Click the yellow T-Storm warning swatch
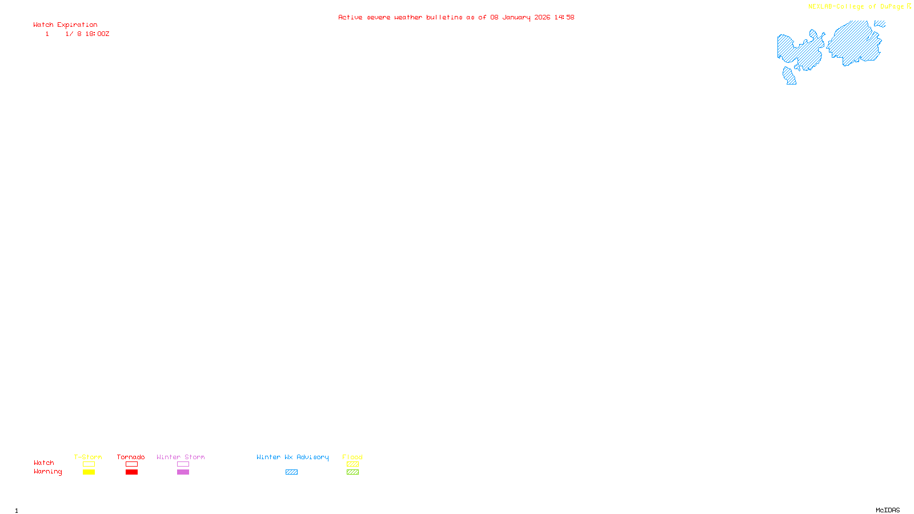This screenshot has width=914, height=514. [x=89, y=472]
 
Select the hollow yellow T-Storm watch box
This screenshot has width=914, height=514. [x=89, y=464]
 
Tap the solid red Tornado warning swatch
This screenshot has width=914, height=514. [x=131, y=472]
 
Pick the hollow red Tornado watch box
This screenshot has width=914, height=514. [x=131, y=464]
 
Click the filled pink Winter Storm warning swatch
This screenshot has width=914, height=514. [x=183, y=472]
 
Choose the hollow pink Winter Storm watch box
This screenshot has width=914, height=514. [x=183, y=464]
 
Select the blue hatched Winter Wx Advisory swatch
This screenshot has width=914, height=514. [x=291, y=472]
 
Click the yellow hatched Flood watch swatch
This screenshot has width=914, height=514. [x=352, y=464]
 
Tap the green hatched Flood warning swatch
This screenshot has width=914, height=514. [x=352, y=472]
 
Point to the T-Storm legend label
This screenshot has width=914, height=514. [x=88, y=457]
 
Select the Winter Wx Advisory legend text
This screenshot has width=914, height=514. [x=292, y=457]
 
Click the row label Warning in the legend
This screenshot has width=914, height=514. [x=47, y=472]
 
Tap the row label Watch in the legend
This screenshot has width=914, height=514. [x=43, y=463]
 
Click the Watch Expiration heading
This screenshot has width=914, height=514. [x=65, y=25]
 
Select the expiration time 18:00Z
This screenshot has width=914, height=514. [x=97, y=34]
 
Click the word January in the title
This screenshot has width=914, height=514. [x=516, y=17]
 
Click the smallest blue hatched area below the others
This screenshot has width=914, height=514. [x=789, y=76]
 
